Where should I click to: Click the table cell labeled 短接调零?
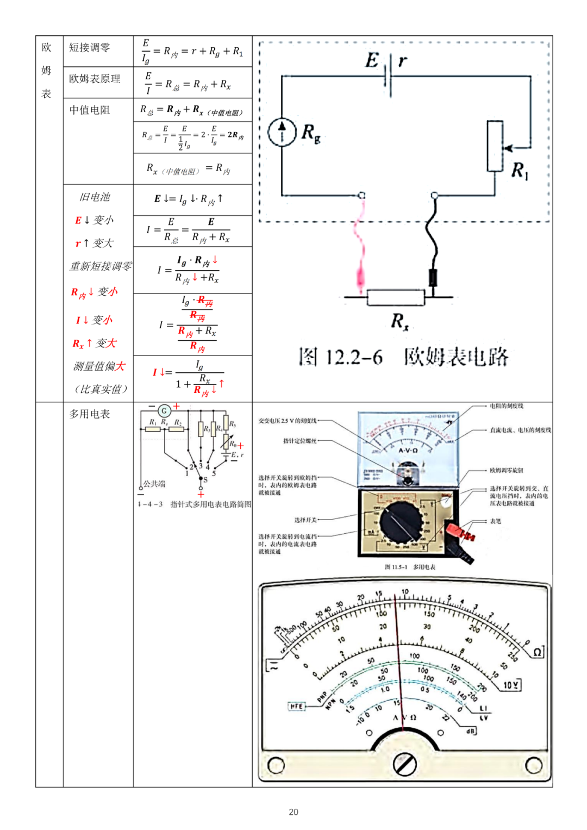tap(90, 48)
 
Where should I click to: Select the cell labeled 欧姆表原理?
tap(95, 79)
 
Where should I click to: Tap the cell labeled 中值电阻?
tap(90, 110)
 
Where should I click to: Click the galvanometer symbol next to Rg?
tap(282, 132)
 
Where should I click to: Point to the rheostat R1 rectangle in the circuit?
tap(495, 146)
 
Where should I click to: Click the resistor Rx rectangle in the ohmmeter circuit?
tap(396, 297)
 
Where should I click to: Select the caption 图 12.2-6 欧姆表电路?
tap(403, 357)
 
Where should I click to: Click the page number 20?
tap(293, 812)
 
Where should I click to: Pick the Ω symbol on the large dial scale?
tap(537, 652)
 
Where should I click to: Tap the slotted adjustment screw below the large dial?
tap(404, 765)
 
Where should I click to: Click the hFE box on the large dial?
tap(297, 706)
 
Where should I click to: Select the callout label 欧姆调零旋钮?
tap(506, 471)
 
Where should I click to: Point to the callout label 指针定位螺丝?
tap(299, 441)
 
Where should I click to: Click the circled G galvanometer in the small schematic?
tap(164, 411)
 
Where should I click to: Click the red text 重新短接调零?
tap(101, 266)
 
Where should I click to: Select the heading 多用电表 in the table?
tap(90, 414)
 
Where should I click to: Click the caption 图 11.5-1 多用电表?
tap(410, 567)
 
